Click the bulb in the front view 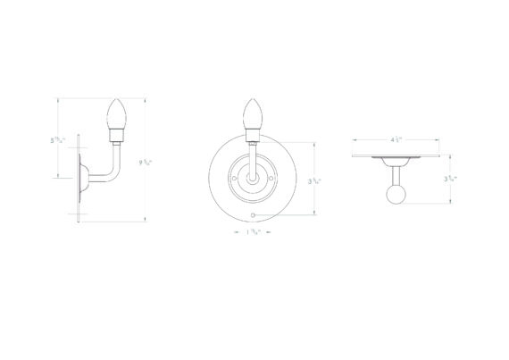coord(253,113)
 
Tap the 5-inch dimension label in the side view coord(56,140)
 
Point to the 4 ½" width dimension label coord(397,139)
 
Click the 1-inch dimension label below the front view coord(253,234)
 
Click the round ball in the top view coord(396,194)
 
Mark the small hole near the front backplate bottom coord(254,216)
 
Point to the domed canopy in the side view coord(82,177)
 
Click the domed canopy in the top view coord(396,162)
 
